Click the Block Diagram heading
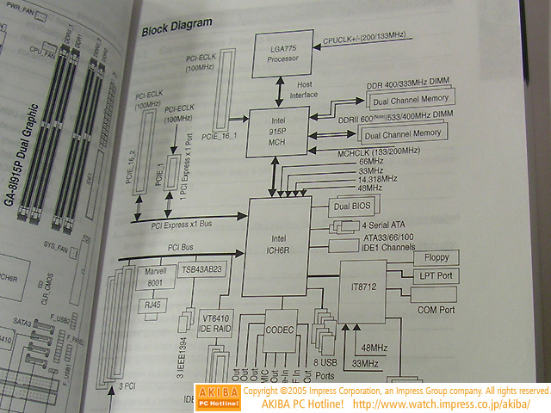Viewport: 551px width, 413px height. tap(177, 31)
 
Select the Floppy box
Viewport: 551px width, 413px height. tap(436, 258)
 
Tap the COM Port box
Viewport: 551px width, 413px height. tap(436, 307)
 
